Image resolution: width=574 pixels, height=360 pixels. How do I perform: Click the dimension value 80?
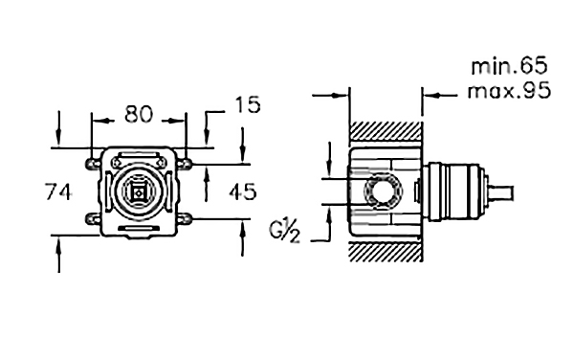pyautogui.click(x=139, y=114)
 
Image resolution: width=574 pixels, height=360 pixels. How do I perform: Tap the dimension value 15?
pyautogui.click(x=248, y=104)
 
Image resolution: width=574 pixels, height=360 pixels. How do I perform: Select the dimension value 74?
pyautogui.click(x=58, y=191)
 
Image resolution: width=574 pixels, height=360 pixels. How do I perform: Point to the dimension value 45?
pyautogui.click(x=243, y=191)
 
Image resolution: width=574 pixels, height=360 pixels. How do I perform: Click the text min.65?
pyautogui.click(x=509, y=66)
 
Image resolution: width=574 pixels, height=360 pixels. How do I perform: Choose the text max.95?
pyautogui.click(x=509, y=90)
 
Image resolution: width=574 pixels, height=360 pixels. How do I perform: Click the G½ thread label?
pyautogui.click(x=284, y=231)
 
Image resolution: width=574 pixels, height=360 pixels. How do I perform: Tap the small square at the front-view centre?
pyautogui.click(x=138, y=191)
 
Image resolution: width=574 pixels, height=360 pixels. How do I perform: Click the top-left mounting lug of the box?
pyautogui.click(x=94, y=164)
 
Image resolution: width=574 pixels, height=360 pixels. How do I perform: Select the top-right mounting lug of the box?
pyautogui.click(x=185, y=164)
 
